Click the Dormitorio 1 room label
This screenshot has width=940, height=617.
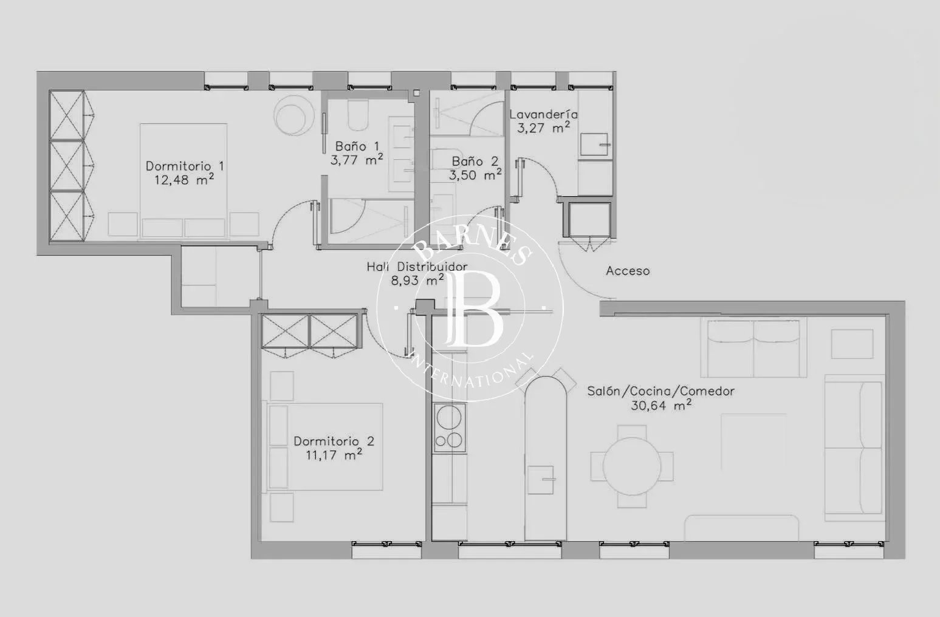pyautogui.click(x=185, y=166)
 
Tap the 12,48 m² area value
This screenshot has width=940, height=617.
pyautogui.click(x=184, y=180)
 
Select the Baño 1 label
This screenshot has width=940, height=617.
pyautogui.click(x=357, y=146)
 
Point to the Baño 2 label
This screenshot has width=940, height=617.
pyautogui.click(x=475, y=161)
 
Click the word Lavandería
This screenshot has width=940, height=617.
pyautogui.click(x=543, y=114)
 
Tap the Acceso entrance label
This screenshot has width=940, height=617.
pyautogui.click(x=628, y=271)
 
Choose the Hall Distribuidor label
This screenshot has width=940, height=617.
pyautogui.click(x=417, y=267)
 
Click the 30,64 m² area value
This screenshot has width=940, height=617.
pyautogui.click(x=661, y=405)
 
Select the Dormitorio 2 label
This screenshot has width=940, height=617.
pyautogui.click(x=334, y=441)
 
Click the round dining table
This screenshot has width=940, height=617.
pyautogui.click(x=632, y=466)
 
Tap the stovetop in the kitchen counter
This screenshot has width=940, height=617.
pyautogui.click(x=450, y=428)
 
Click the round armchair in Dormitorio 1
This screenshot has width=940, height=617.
pyautogui.click(x=293, y=115)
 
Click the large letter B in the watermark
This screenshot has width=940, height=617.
pyautogui.click(x=474, y=308)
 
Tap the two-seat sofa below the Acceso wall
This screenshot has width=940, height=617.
pyautogui.click(x=753, y=348)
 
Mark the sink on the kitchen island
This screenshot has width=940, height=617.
pyautogui.click(x=541, y=479)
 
